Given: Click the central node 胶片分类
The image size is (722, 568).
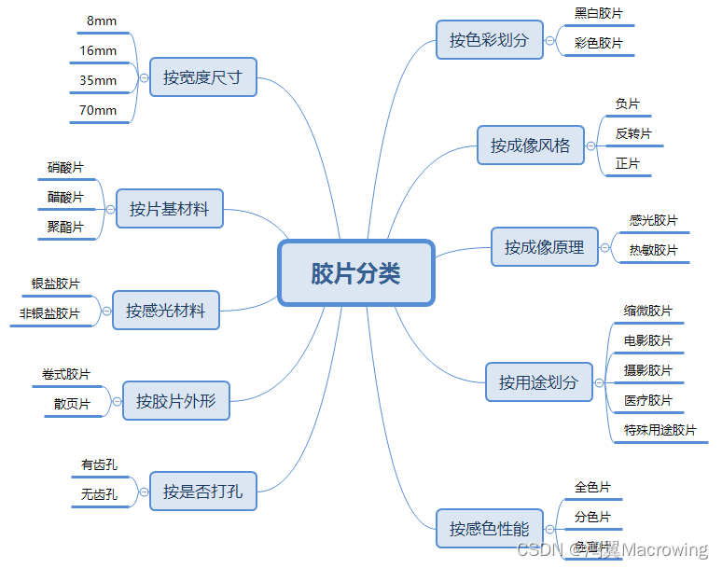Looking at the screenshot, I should [x=356, y=273].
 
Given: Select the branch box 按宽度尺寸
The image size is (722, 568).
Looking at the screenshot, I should [x=202, y=77].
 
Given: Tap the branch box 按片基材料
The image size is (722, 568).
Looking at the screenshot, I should [x=170, y=209].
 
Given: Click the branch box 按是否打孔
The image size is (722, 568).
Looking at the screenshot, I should [x=202, y=491].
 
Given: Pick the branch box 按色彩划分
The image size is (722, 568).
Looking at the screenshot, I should [x=489, y=40].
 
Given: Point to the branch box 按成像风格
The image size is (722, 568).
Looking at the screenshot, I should [x=530, y=145].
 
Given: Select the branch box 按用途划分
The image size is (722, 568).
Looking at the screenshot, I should [x=538, y=382].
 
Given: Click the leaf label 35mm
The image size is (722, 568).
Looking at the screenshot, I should [x=98, y=81].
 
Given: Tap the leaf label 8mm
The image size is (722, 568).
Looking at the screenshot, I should [x=102, y=21].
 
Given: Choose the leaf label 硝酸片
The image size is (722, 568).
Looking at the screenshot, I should [x=65, y=168].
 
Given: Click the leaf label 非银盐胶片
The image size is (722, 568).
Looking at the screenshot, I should [x=49, y=313].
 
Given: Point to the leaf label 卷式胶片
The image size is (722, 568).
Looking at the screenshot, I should [x=66, y=374].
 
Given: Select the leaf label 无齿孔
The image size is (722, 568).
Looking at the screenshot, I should [x=99, y=494].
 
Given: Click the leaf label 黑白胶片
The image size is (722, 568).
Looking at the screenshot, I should [x=599, y=13].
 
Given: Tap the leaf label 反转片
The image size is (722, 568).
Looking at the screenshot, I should [x=633, y=133].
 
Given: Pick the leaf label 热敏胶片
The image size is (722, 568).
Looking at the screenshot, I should [x=654, y=250].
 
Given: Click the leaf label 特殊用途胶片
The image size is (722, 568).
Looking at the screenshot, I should [x=660, y=430].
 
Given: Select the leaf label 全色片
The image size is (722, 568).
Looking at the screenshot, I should [x=592, y=487].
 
